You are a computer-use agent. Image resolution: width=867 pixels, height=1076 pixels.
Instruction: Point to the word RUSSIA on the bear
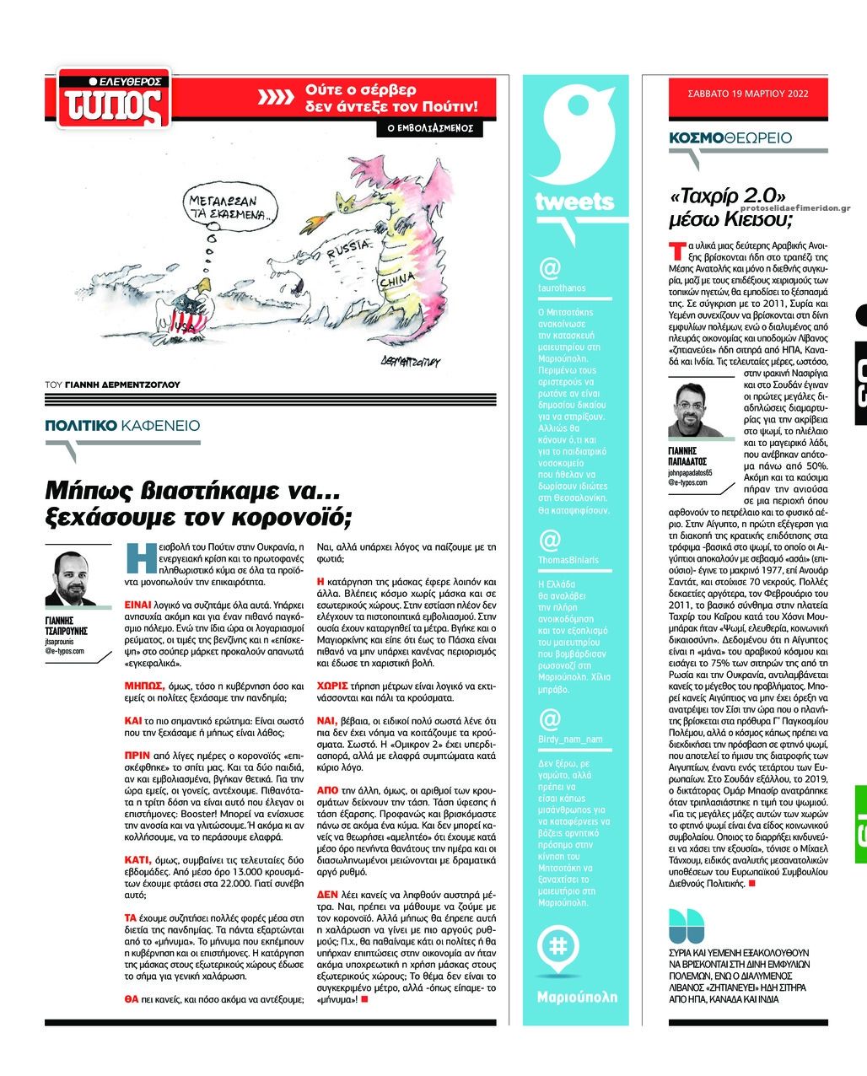click(347, 250)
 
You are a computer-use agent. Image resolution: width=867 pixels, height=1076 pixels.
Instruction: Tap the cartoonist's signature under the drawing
click(410, 361)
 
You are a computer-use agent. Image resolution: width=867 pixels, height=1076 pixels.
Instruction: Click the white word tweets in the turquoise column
click(574, 202)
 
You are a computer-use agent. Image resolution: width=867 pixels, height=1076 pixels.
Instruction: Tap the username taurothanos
click(562, 288)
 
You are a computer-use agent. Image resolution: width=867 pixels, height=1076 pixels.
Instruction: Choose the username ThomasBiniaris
click(568, 560)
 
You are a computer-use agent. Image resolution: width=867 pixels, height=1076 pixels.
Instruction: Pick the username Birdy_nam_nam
click(570, 740)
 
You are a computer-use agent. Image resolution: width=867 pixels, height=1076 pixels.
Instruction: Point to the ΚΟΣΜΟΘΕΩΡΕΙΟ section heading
click(730, 137)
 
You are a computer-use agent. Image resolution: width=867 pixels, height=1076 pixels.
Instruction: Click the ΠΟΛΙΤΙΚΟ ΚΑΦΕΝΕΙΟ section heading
click(123, 426)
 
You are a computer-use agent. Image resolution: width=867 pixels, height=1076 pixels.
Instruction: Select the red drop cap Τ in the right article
click(675, 250)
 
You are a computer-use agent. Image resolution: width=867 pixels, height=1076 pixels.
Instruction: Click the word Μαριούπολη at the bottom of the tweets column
click(577, 997)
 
